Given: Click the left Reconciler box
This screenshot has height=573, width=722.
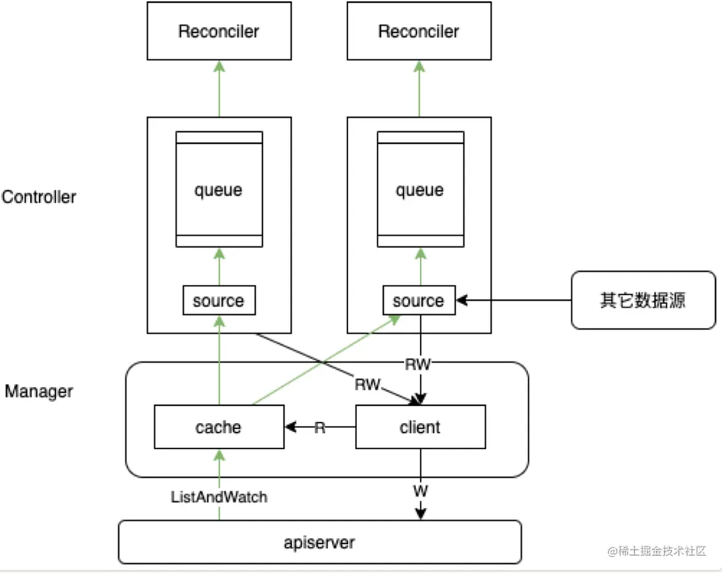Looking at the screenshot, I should tap(219, 31).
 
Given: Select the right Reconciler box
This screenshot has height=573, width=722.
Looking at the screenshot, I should tap(419, 31).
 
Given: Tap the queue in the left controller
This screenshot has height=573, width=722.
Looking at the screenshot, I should tap(219, 189).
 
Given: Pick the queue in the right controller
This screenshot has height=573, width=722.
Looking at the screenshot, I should tap(420, 189).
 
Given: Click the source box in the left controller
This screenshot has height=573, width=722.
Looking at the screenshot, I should tap(219, 301).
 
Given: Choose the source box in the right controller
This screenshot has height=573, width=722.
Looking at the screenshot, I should tap(419, 301).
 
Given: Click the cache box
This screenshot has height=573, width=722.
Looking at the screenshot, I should tap(219, 426).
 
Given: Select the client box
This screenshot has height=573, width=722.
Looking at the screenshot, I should tap(420, 426).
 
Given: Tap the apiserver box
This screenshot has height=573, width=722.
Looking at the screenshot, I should tap(320, 542).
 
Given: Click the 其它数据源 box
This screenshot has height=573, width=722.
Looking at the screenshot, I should tap(643, 300).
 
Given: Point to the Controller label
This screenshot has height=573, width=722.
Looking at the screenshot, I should tap(39, 197).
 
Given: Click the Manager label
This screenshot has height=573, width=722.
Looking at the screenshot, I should tap(39, 391).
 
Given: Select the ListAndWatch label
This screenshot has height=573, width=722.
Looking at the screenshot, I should tap(219, 497).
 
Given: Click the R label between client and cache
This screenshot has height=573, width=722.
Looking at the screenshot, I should tap(320, 427).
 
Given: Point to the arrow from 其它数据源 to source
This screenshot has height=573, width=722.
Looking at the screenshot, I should tap(514, 301).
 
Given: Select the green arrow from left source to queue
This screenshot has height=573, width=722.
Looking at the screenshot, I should tap(219, 266).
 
